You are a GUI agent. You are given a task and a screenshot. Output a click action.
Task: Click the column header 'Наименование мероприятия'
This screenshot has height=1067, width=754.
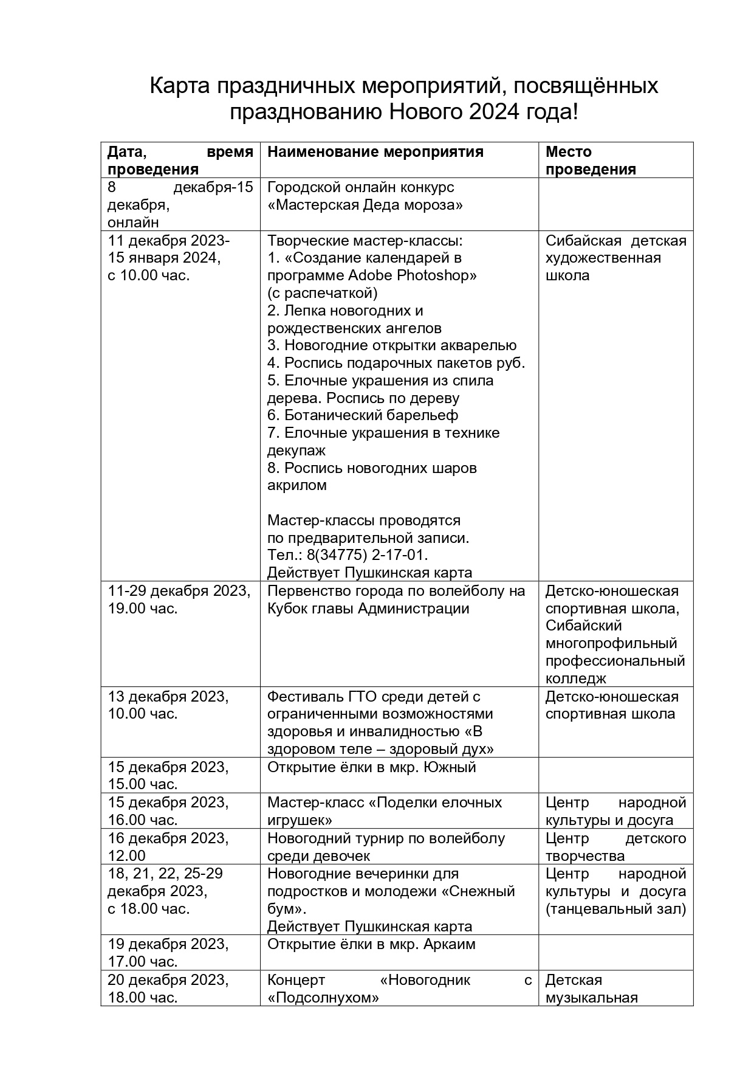tap(375, 152)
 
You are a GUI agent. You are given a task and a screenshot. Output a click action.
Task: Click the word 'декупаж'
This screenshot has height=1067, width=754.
tap(296, 451)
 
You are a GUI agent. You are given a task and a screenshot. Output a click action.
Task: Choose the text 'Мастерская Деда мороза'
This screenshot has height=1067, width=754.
tap(365, 205)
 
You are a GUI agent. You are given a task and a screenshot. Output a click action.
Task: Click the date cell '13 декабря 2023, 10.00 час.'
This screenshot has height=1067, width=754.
tap(168, 705)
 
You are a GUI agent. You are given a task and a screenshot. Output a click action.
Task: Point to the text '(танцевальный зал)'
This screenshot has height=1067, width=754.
tap(615, 909)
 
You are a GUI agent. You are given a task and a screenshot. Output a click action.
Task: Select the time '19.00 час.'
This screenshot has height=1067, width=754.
tap(143, 608)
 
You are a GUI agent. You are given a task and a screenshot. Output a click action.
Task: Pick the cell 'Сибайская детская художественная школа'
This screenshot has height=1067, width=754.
tap(615, 258)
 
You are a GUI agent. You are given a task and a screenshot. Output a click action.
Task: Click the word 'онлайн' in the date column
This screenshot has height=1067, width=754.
tap(134, 223)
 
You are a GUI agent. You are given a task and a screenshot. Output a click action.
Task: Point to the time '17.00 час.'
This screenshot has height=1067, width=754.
tap(143, 962)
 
